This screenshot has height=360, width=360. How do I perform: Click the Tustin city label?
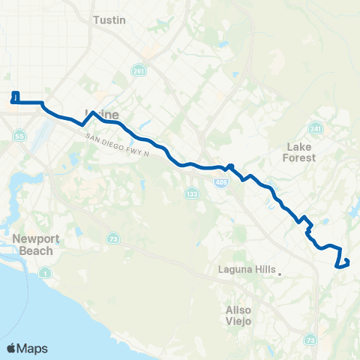coord(103,20)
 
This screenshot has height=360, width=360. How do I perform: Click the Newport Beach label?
coord(33,245)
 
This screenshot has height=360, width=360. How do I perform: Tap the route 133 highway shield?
coord(192,194)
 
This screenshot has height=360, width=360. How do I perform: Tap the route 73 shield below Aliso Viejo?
coord(311,340)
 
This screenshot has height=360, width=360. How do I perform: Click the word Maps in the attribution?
coord(32,349)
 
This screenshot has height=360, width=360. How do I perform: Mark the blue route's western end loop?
coord(15,97)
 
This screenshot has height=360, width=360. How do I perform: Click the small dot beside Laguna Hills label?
coord(279,274)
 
